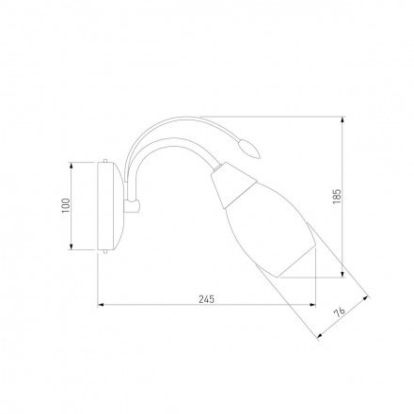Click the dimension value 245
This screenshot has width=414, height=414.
(x=207, y=299)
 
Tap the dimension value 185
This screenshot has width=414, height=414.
(x=337, y=197)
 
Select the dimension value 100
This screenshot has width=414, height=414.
(x=66, y=206)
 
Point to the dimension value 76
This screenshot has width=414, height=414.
(x=339, y=312)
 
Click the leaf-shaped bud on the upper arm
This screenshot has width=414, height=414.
(x=249, y=149)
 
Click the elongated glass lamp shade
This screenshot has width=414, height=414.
(x=270, y=230)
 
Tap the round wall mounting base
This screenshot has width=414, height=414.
(x=111, y=206)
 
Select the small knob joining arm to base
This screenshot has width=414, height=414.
(x=133, y=206)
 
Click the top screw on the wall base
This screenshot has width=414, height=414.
(x=105, y=160)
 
